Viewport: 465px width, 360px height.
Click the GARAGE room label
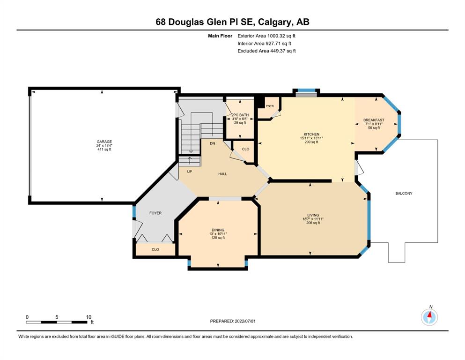pyautogui.click(x=104, y=142)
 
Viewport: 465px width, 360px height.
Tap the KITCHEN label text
pyautogui.click(x=311, y=135)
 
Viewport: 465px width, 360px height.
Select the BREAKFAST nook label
pyautogui.click(x=374, y=120)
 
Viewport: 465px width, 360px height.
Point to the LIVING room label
pyautogui.click(x=313, y=215)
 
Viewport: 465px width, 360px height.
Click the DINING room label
pyautogui.click(x=218, y=230)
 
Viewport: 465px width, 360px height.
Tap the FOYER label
pyautogui.click(x=155, y=213)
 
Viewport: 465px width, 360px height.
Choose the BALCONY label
pyautogui.click(x=404, y=194)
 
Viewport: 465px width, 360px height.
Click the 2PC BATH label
pyautogui.click(x=240, y=115)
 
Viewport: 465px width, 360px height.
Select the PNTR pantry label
pyautogui.click(x=270, y=106)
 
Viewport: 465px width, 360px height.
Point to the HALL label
pyautogui.click(x=223, y=174)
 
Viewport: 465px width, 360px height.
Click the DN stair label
pyautogui.click(x=212, y=143)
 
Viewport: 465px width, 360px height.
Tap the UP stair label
pyautogui.click(x=190, y=172)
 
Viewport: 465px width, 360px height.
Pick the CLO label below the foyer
pyautogui.click(x=155, y=249)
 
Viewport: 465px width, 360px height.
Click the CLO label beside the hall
pyautogui.click(x=245, y=149)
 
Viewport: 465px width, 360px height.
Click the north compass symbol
pyautogui.click(x=429, y=317)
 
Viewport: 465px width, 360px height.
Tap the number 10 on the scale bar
pyautogui.click(x=89, y=317)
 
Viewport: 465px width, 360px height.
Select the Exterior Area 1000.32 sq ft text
pyautogui.click(x=266, y=36)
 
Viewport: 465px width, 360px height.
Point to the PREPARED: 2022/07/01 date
pyautogui.click(x=233, y=321)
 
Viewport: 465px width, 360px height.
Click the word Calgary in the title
pyautogui.click(x=274, y=22)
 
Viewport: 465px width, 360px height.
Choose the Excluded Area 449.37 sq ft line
pyautogui.click(x=266, y=51)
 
